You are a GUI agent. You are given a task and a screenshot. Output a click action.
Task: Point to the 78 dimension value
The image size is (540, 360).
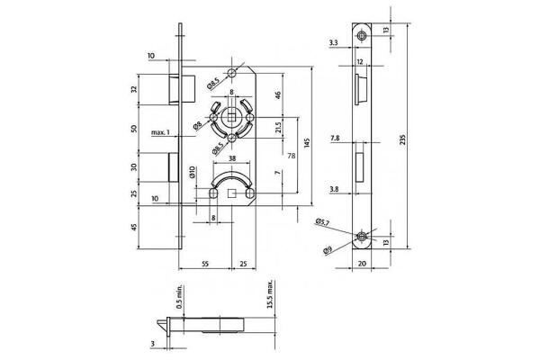(291, 155)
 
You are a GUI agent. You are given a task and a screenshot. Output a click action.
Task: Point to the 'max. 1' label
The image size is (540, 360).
(162, 134)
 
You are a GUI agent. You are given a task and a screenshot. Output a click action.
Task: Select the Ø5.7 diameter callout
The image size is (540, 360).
(322, 220)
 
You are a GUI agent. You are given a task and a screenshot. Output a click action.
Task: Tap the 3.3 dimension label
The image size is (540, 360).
(334, 42)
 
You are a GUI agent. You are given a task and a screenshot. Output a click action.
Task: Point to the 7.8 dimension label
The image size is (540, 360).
(335, 139)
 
